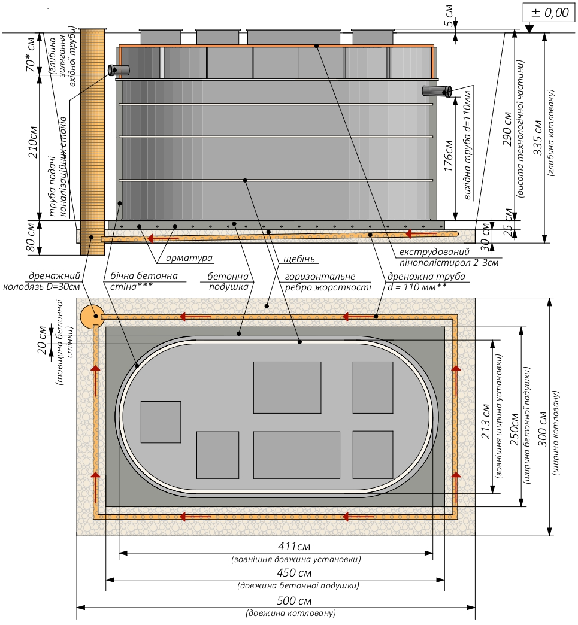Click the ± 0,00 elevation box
point(550,13)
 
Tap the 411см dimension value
point(294,546)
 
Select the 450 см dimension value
point(294,573)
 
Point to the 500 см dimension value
point(294,600)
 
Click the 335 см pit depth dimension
point(538,138)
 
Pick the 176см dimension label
point(449,156)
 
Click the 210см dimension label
point(33,142)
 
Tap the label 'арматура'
point(189,258)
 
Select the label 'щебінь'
point(299,259)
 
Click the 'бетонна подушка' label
point(228,281)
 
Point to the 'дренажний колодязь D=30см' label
point(41,281)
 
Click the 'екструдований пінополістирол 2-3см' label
point(449,257)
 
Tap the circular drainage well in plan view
point(92,317)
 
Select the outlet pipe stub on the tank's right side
point(437,91)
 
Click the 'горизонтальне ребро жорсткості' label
point(328,281)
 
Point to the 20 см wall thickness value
point(43,340)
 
